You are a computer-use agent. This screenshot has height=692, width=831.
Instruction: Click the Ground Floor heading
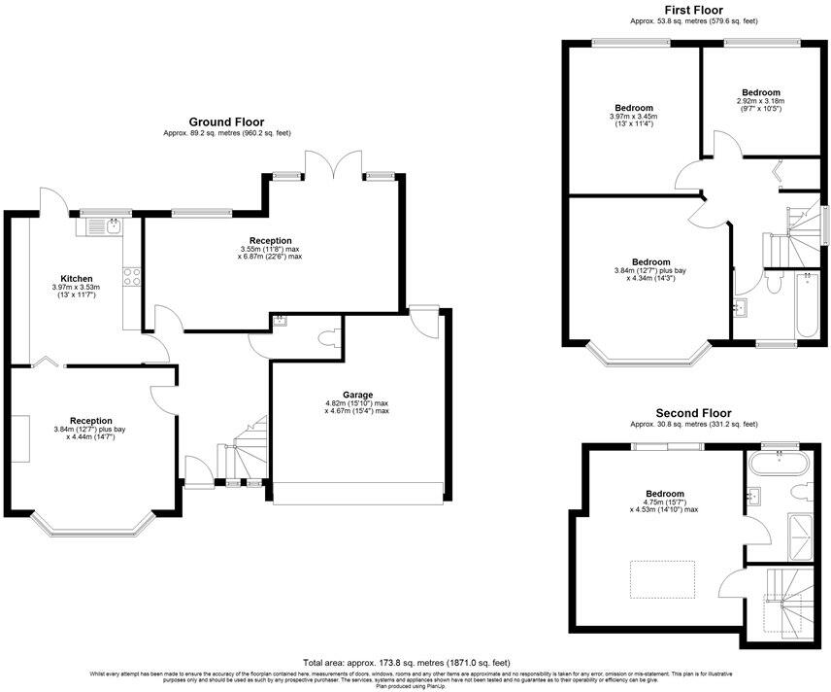point(226,121)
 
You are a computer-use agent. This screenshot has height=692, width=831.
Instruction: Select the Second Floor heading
point(693,413)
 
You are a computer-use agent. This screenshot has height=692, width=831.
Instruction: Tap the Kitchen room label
point(77,278)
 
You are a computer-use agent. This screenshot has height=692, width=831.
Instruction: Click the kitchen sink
point(101,226)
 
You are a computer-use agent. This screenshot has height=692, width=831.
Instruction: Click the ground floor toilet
point(326,339)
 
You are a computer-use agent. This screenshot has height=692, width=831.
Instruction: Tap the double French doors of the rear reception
point(333,166)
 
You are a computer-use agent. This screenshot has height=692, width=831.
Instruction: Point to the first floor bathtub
point(807,306)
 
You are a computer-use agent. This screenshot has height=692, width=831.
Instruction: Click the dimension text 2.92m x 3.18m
point(759,100)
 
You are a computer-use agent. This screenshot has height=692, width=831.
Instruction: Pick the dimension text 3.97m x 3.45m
point(633,117)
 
